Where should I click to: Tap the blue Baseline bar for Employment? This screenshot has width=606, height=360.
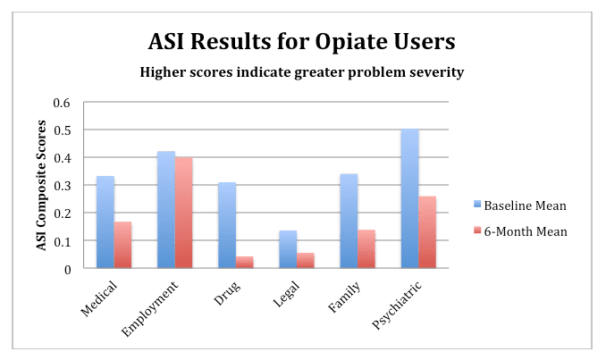(166, 210)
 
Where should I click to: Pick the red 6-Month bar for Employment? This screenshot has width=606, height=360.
(184, 213)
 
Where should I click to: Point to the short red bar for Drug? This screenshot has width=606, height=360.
(244, 263)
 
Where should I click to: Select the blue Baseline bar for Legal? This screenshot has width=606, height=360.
(287, 249)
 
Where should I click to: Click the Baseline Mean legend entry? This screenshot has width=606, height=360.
(527, 205)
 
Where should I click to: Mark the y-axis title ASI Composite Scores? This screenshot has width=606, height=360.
(41, 185)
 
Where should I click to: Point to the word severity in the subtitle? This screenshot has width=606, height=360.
(435, 72)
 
